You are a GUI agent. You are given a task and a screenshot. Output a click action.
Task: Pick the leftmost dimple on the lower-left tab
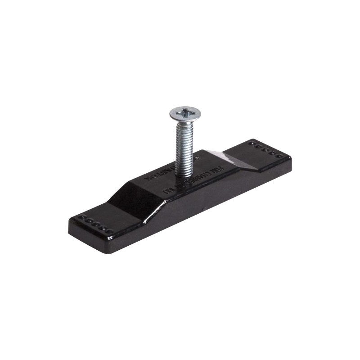tap(82, 217)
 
